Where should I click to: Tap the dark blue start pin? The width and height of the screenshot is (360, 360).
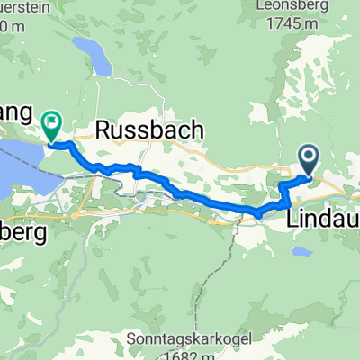coord(309,160)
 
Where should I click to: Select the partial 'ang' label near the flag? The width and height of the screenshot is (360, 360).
coord(18,115)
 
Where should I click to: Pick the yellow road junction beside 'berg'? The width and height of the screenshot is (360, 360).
coord(76,215)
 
